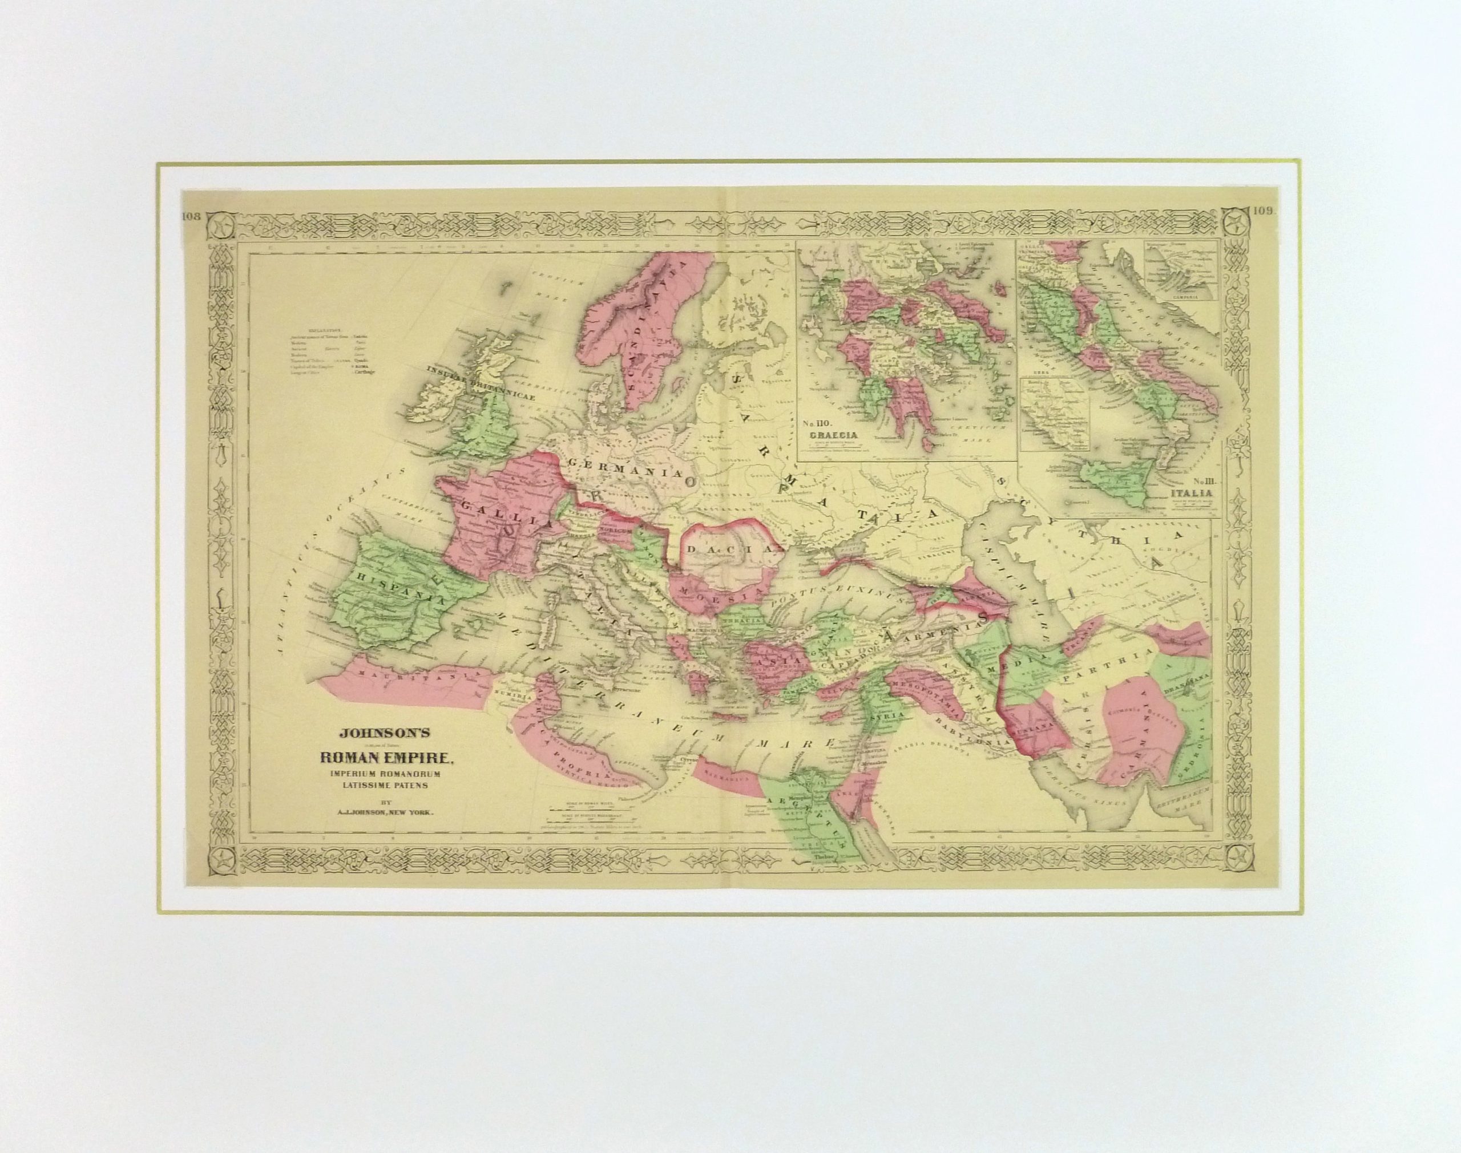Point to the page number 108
[193, 216]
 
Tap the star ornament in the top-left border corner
[219, 225]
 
